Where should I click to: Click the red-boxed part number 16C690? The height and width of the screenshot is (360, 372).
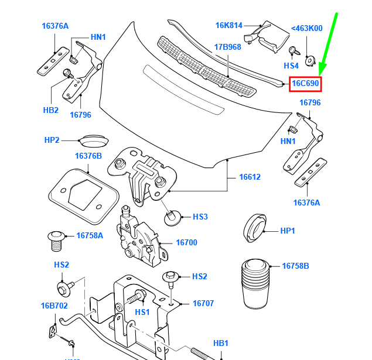point(305,84)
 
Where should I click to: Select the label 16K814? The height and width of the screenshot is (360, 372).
point(228,25)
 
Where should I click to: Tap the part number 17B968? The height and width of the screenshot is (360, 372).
point(227,47)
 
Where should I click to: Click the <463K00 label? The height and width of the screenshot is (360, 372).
point(306,28)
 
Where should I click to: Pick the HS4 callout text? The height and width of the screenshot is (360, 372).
point(291,66)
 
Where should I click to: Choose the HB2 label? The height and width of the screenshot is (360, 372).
point(51,110)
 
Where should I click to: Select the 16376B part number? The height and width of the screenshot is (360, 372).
point(88,156)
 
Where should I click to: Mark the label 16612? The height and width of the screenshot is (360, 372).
point(250,177)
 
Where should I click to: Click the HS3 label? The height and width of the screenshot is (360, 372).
point(200,217)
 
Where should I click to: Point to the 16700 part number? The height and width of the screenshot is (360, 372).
point(186,242)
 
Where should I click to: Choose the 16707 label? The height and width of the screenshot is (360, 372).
point(203,304)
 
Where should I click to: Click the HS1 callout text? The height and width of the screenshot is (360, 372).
point(142,313)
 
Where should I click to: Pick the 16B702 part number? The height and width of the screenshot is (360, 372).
point(54,306)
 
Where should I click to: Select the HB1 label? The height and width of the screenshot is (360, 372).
point(220,343)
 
